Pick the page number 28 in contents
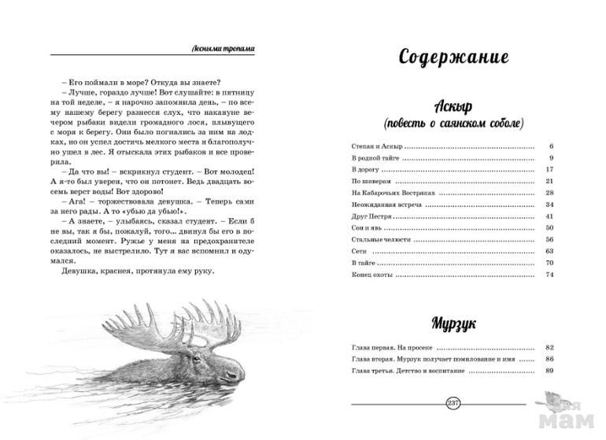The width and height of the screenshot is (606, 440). [x=551, y=193]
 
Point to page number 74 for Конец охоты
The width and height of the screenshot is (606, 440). [x=551, y=274]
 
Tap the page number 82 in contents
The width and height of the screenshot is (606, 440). [x=551, y=347]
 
